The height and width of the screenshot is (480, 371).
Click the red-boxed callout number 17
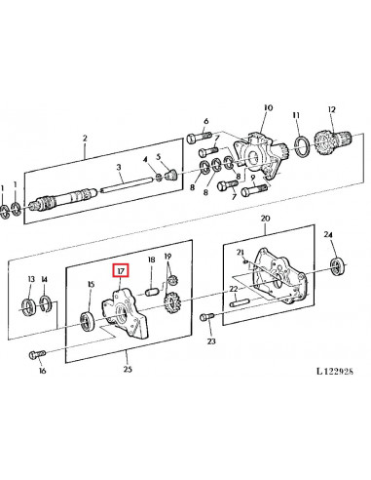121,270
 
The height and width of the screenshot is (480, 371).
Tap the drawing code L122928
335,371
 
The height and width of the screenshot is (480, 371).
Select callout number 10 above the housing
269,107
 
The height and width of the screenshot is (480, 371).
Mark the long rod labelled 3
127,184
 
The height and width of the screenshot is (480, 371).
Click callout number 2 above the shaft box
85,139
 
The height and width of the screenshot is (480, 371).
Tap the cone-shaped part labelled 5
170,175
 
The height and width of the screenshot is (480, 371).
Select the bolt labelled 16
38,354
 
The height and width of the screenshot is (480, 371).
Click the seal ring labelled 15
88,320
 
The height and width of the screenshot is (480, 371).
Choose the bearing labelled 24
337,265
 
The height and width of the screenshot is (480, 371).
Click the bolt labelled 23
207,316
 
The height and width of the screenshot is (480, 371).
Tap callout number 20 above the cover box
265,219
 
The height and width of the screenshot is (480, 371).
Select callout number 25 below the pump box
128,369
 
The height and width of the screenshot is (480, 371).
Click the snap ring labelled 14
45,303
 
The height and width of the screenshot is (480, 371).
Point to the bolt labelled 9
254,190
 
